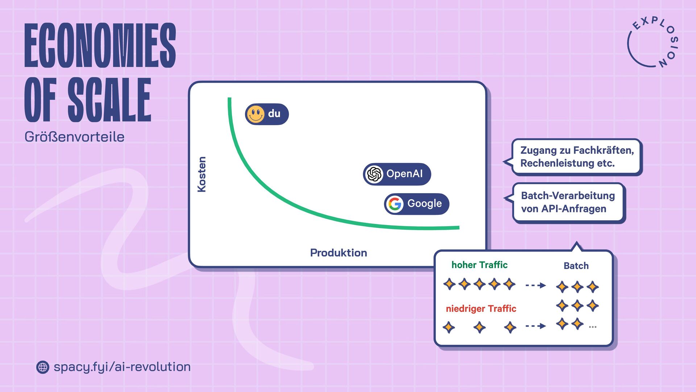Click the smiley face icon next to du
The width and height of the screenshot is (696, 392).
pyautogui.click(x=256, y=114)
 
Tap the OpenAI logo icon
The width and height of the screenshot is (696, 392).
pyautogui.click(x=374, y=174)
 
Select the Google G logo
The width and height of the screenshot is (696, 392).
pyautogui.click(x=395, y=204)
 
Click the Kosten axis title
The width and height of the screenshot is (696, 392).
pyautogui.click(x=202, y=174)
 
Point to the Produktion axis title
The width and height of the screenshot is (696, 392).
pyautogui.click(x=338, y=253)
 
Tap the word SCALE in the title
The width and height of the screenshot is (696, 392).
pyautogui.click(x=109, y=100)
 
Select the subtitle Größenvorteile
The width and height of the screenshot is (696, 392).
pyautogui.click(x=74, y=137)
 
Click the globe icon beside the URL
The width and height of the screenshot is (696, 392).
pyautogui.click(x=43, y=367)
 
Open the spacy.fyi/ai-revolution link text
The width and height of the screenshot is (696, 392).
pyautogui.click(x=122, y=367)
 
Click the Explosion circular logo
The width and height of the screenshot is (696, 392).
pyautogui.click(x=652, y=43)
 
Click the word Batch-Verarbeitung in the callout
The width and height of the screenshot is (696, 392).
pyautogui.click(x=568, y=196)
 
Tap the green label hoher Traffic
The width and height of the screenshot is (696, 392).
pyautogui.click(x=479, y=265)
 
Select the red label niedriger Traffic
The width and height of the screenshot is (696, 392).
pyautogui.click(x=481, y=309)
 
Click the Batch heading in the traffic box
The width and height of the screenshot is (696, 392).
pyautogui.click(x=576, y=266)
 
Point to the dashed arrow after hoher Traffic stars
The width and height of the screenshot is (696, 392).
pyautogui.click(x=535, y=285)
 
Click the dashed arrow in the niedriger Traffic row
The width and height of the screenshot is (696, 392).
pyautogui.click(x=535, y=326)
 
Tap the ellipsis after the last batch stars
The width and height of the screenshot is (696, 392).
pyautogui.click(x=593, y=327)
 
